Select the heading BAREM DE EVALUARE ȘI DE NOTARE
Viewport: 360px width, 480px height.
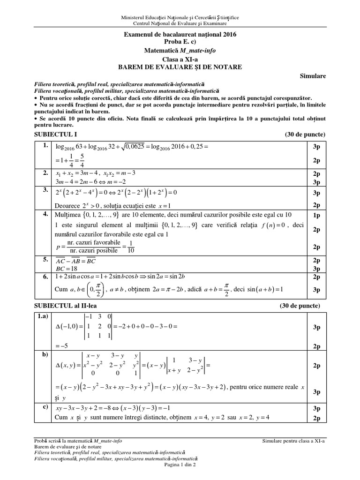pos(180,67)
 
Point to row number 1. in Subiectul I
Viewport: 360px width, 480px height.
pos(45,147)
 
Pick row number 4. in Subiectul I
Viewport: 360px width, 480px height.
pos(45,214)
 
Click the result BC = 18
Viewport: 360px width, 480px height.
pos(66,269)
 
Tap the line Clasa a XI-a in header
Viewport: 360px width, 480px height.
pos(180,59)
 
